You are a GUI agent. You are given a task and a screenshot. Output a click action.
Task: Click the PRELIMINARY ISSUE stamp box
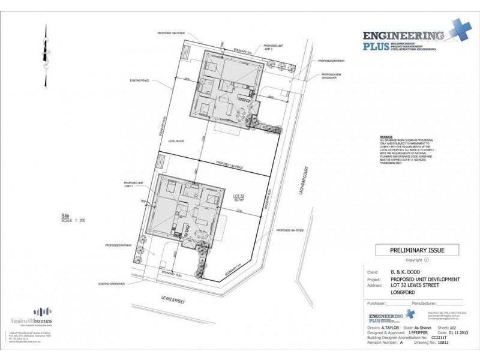pyautogui.click(x=408, y=250)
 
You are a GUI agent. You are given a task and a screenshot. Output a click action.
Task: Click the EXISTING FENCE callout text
pyautogui.click(x=139, y=80)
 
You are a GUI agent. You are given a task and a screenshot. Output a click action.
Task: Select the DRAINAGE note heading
pyautogui.click(x=386, y=137)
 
